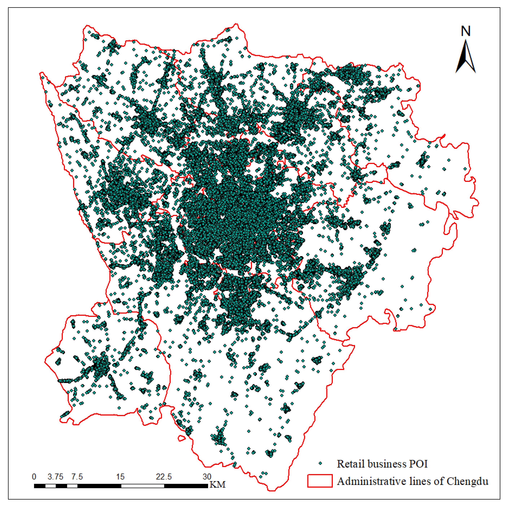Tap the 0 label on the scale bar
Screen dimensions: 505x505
coord(34,477)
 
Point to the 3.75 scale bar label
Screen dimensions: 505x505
coord(55,477)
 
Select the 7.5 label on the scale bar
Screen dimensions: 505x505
coord(77,477)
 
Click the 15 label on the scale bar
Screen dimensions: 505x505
coord(120,477)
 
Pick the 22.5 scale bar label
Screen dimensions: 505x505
coord(164,477)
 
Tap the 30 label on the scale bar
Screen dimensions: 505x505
coord(207,477)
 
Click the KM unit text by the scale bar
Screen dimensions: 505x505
coord(217,485)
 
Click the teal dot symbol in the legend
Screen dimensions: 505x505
coord(320,463)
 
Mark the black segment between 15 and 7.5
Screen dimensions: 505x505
coord(99,486)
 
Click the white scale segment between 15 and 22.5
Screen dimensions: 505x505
coord(143,486)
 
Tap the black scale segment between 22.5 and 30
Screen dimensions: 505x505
coord(186,486)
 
